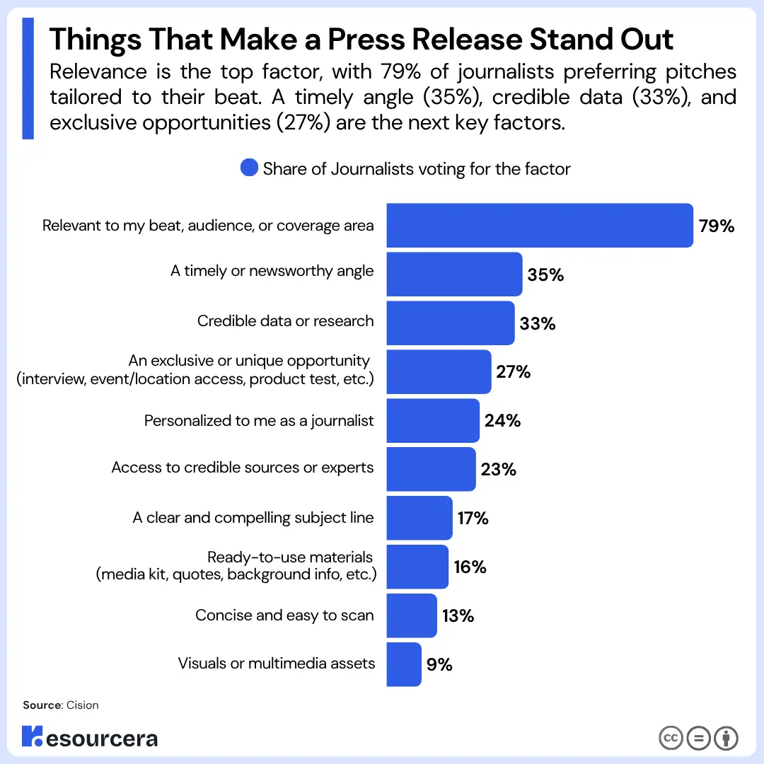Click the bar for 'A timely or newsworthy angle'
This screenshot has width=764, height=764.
click(x=454, y=274)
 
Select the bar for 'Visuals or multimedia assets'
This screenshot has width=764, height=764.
click(x=404, y=664)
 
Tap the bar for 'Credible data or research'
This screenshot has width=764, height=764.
click(x=450, y=323)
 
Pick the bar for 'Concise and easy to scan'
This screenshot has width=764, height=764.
click(x=412, y=615)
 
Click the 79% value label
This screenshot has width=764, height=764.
click(x=716, y=226)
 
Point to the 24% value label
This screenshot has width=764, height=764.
click(x=502, y=420)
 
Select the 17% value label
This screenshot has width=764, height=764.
click(x=473, y=518)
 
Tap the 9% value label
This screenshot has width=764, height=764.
click(x=439, y=664)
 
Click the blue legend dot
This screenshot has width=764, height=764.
click(x=249, y=168)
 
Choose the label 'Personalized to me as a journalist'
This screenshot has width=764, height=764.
click(x=259, y=420)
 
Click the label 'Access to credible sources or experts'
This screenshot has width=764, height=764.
click(x=243, y=468)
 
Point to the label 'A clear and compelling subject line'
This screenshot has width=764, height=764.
click(x=253, y=517)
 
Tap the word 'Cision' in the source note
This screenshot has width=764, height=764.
click(x=82, y=705)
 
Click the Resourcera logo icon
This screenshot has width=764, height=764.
click(x=32, y=736)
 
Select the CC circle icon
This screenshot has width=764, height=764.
click(x=671, y=738)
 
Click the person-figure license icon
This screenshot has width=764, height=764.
click(x=726, y=738)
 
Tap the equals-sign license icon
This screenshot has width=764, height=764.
click(x=698, y=738)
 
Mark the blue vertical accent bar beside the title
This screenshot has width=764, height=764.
click(x=28, y=79)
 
